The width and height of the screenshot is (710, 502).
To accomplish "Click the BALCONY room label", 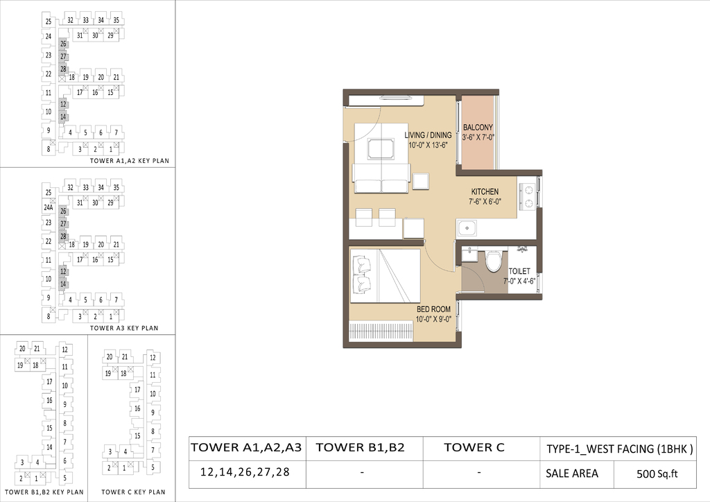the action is (x=478, y=128).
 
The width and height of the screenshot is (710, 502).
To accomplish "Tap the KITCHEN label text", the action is (x=485, y=192).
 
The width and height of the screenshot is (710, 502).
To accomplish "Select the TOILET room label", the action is (x=519, y=271).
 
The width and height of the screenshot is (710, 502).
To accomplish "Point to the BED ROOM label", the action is (x=433, y=309).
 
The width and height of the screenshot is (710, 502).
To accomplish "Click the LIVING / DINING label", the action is (x=428, y=135).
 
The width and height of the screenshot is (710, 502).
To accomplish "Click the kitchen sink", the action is (x=467, y=228).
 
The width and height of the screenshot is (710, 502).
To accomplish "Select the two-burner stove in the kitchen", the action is (x=528, y=196).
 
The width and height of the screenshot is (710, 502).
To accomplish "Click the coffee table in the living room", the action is (x=381, y=148).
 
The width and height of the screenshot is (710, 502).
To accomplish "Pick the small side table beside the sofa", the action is (x=420, y=181).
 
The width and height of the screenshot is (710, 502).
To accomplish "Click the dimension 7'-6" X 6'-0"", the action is (x=485, y=202).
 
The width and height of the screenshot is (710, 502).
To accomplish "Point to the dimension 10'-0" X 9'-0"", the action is (x=433, y=319).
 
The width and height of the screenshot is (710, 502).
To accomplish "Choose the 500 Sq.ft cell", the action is (x=657, y=474).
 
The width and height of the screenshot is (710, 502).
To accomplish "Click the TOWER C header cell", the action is (x=474, y=448).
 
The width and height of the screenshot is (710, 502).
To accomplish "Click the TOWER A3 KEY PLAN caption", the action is (x=124, y=328).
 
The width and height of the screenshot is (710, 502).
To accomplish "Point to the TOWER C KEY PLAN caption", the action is (x=133, y=492).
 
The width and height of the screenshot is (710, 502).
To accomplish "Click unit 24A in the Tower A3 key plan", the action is (x=49, y=208).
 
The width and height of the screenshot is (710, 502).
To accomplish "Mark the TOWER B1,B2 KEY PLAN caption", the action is (x=44, y=492).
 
